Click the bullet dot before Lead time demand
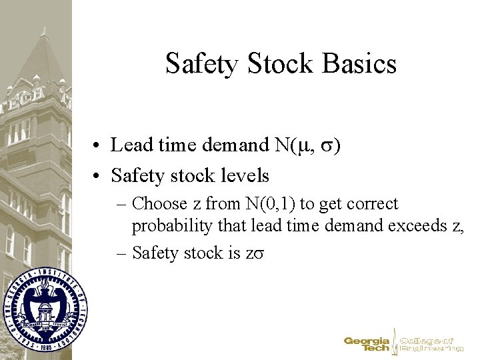pos(97,145)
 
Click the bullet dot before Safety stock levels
pos(97,177)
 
